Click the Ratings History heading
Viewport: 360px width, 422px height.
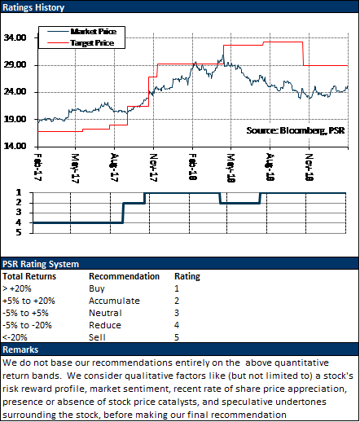[33, 7]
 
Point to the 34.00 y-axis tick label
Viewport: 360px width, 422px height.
[15, 37]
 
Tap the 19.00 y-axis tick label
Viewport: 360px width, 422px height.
[15, 119]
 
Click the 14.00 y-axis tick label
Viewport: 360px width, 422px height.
[15, 146]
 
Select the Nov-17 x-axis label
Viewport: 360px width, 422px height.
[154, 167]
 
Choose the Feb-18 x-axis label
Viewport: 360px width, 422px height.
[192, 166]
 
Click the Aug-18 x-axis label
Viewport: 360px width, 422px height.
[270, 167]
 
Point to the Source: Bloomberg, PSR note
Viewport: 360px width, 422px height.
[296, 130]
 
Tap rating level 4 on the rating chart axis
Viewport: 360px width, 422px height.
[19, 222]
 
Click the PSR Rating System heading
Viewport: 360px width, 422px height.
[41, 264]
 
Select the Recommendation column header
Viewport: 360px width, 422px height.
[124, 276]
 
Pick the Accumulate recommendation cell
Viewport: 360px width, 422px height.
[114, 301]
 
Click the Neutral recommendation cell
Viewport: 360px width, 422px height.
[105, 313]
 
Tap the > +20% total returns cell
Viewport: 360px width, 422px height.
[17, 288]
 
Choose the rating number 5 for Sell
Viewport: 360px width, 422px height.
[177, 337]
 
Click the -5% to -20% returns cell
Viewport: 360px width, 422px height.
[27, 325]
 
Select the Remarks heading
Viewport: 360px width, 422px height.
[20, 349]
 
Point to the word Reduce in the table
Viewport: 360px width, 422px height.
[105, 325]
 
